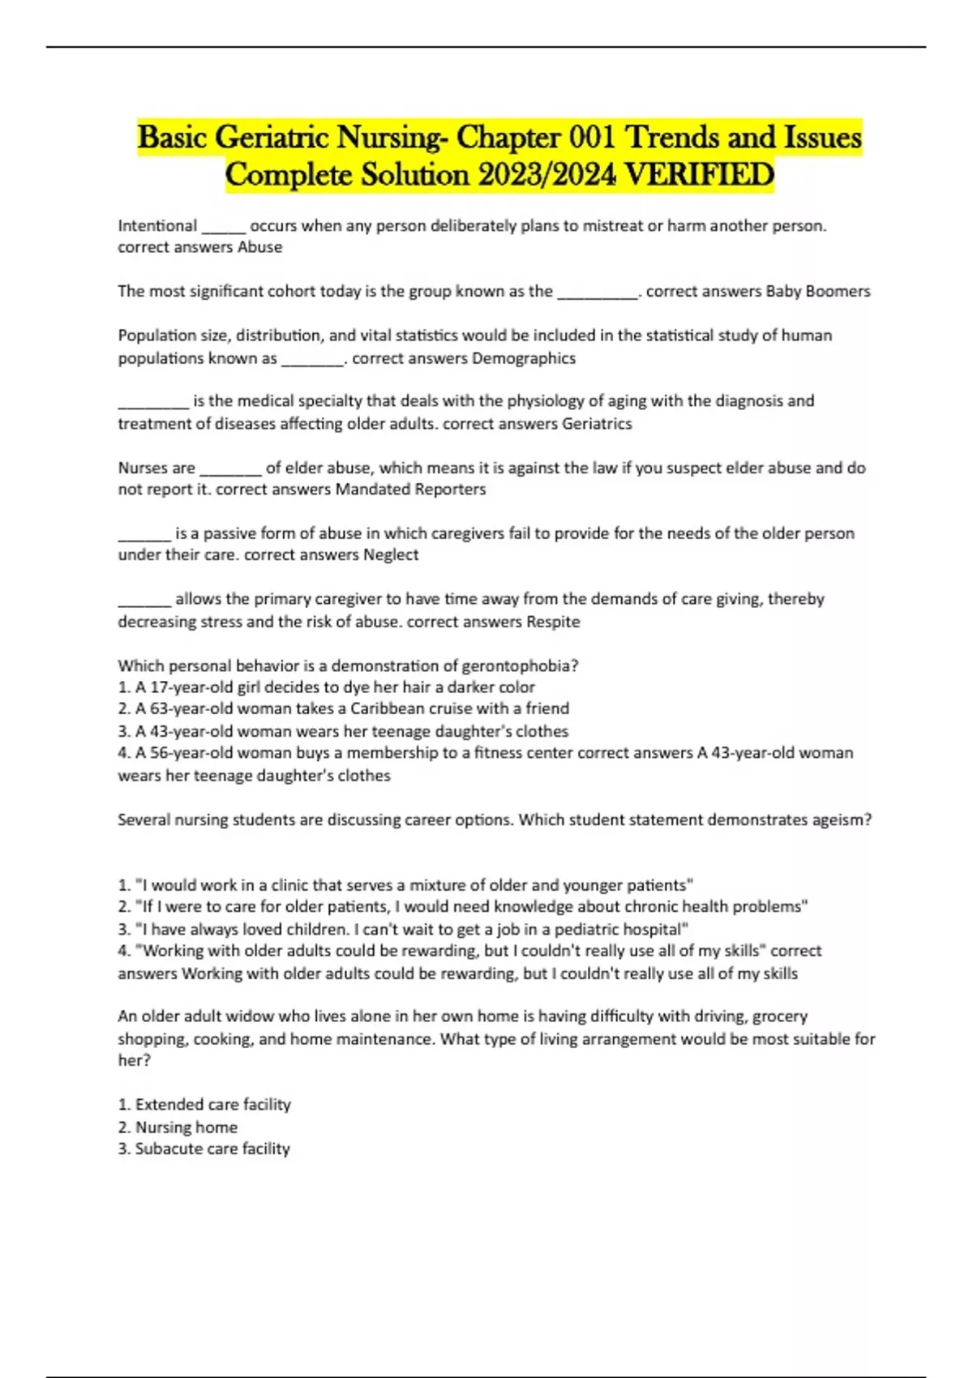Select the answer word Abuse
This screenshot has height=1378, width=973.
[259, 247]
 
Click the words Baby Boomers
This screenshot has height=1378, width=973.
[817, 291]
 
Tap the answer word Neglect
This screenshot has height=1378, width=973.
[391, 554]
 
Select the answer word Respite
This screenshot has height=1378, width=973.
[553, 622]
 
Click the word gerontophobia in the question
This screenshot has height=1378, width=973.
[519, 665]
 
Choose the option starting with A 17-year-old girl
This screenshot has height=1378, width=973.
[326, 687]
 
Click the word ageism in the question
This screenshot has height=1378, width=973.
[842, 820]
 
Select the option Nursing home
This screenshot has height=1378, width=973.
[186, 1127]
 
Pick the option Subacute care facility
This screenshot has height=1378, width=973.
[212, 1149]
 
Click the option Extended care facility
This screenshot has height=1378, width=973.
[212, 1104]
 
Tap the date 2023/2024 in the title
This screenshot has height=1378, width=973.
[547, 174]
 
